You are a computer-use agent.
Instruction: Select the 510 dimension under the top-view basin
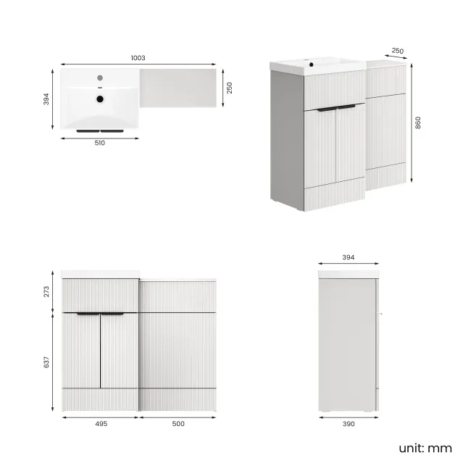coord(100,143)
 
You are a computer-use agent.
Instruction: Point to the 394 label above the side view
coord(349,257)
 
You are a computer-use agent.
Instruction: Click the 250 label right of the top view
coord(230,87)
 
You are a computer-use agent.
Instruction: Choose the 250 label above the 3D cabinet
coord(397,51)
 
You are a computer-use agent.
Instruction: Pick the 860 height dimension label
coord(418,122)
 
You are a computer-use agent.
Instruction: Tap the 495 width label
coord(101,424)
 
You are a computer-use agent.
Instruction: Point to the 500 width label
coord(178,424)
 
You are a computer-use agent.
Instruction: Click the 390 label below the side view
coord(349,424)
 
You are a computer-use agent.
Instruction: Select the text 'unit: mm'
coord(425,448)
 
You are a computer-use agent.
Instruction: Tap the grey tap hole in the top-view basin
coord(101,77)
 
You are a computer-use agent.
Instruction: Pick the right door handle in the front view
coord(113,314)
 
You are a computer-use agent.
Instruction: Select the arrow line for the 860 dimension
coord(411,122)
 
